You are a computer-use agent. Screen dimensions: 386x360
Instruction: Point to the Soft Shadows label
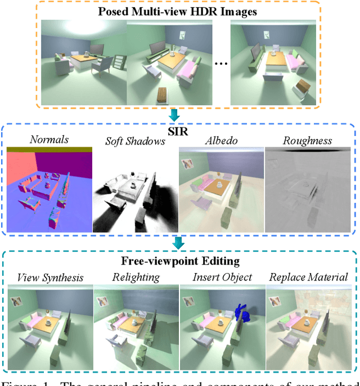(135, 141)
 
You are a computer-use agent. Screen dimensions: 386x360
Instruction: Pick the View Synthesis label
(50, 277)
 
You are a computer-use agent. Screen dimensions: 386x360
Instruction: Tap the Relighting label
(136, 277)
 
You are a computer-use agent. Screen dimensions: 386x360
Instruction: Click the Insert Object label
(222, 277)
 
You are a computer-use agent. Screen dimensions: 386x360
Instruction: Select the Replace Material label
(309, 277)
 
